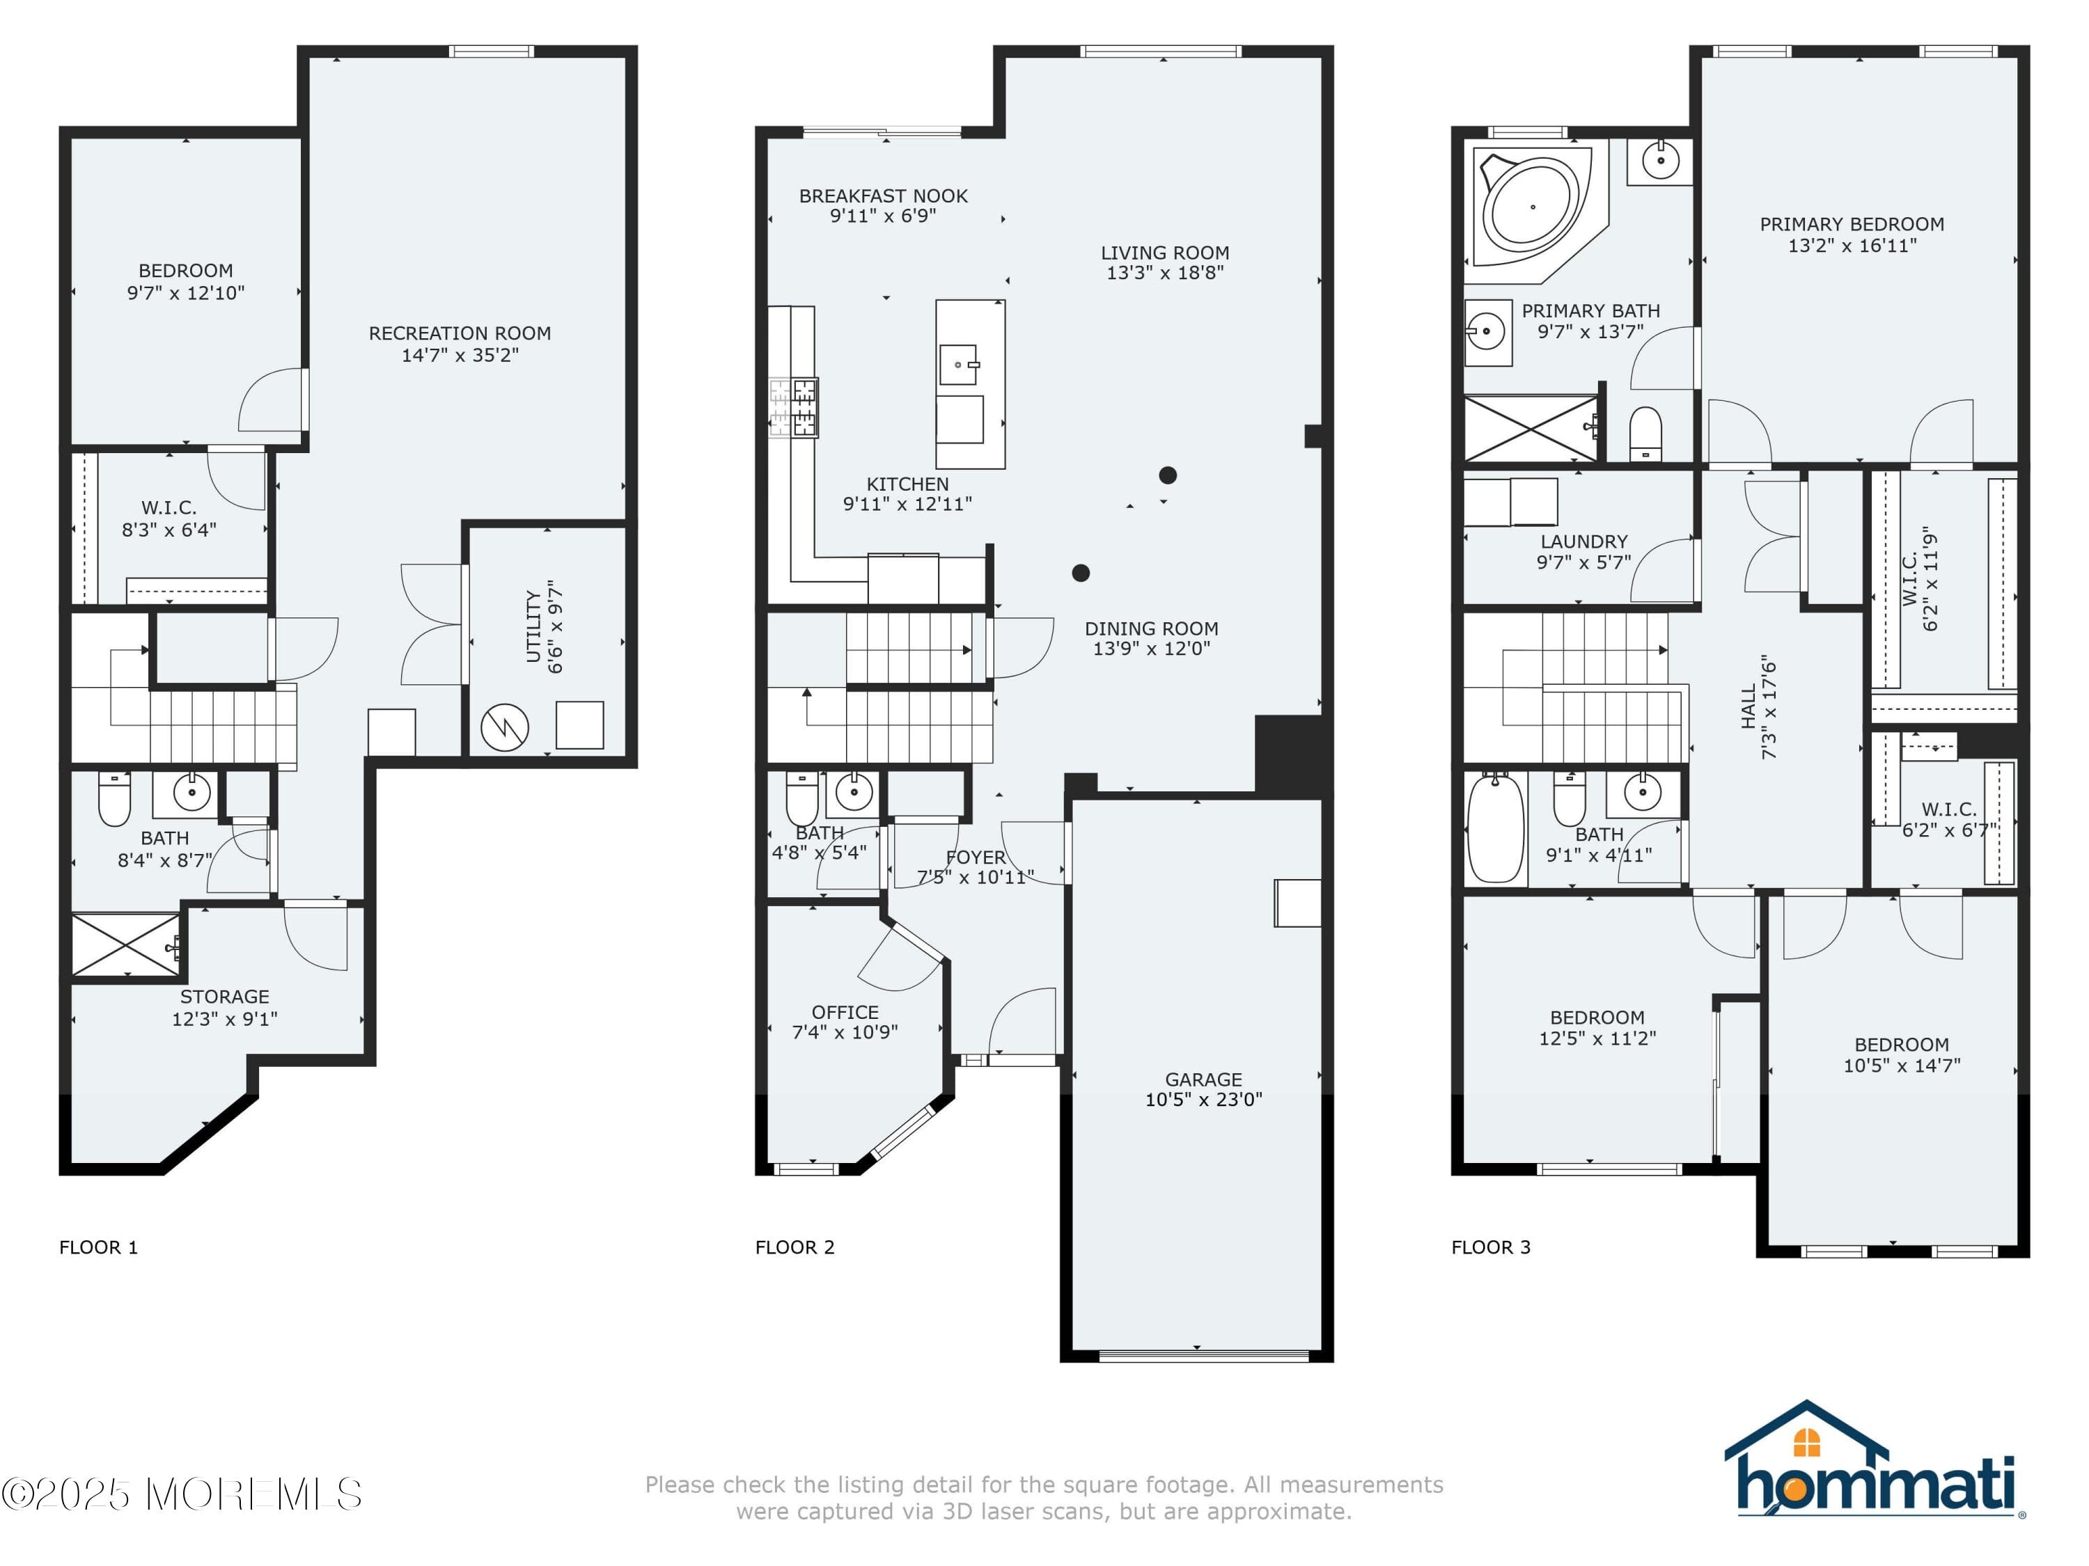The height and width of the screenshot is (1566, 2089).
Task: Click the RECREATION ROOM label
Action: tap(459, 333)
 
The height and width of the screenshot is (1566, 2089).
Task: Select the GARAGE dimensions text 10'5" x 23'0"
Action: tap(1203, 1099)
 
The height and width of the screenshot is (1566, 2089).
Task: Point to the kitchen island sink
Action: tap(959, 363)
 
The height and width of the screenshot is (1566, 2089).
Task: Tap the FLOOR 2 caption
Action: tap(795, 1247)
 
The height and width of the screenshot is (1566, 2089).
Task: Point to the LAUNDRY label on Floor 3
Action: tap(1583, 541)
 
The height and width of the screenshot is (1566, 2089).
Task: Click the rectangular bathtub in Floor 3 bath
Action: tap(1496, 828)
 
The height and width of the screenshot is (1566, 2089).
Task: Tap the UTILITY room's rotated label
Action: tap(544, 627)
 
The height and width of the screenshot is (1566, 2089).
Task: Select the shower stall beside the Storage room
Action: tap(125, 944)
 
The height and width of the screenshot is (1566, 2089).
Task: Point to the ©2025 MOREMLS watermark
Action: tap(181, 1494)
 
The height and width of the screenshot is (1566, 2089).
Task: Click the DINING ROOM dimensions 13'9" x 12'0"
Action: tap(1151, 649)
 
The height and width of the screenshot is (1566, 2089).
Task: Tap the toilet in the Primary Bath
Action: tap(1645, 434)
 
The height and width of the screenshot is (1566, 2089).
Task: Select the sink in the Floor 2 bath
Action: tap(854, 791)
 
